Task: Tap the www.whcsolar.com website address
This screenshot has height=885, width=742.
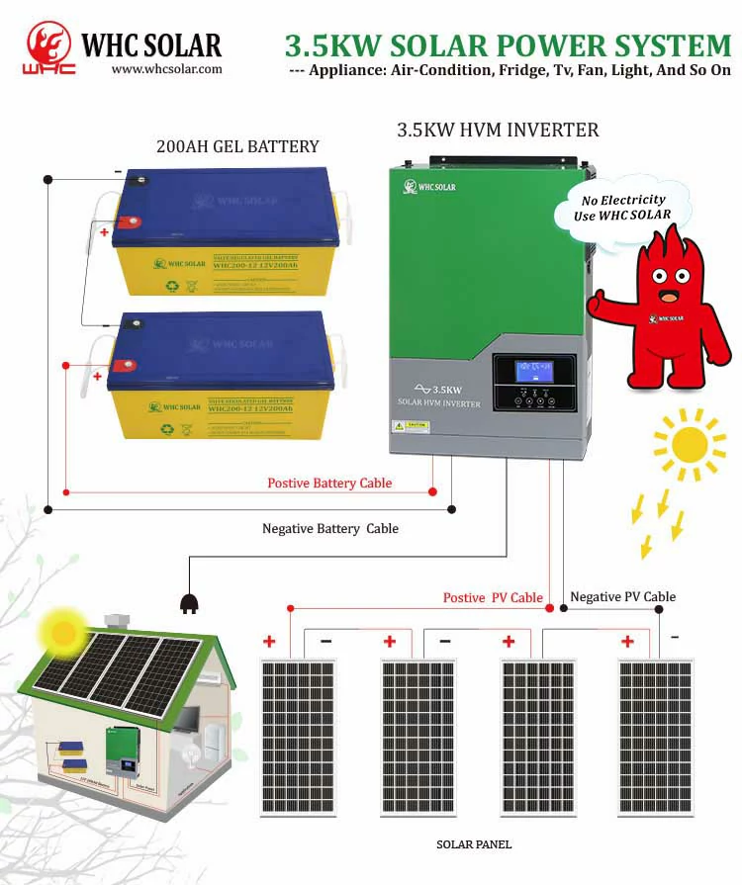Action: (x=166, y=69)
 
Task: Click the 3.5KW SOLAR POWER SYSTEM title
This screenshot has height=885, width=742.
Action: (x=508, y=45)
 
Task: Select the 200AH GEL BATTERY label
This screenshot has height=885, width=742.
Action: (x=237, y=146)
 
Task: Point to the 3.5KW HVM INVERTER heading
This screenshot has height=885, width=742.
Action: (x=498, y=130)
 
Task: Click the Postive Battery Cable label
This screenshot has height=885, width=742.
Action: (x=329, y=484)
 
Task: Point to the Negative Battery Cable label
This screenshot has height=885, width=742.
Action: (x=330, y=529)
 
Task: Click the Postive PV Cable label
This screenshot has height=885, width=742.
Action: (x=493, y=597)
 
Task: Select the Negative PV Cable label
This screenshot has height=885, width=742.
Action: (x=623, y=596)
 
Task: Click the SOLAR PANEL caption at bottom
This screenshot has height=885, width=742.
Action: (x=474, y=845)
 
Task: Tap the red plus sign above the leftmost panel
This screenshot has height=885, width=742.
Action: (x=269, y=642)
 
